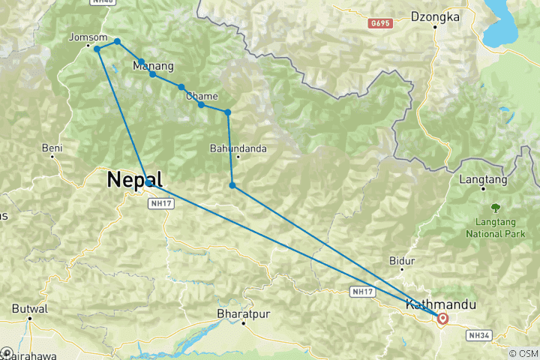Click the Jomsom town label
coord(82,37)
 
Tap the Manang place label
coord(153,67)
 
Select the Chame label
coord(202,96)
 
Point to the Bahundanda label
coord(238,148)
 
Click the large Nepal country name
coord(136,180)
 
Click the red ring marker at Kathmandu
coord(442,319)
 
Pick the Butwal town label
coord(30,308)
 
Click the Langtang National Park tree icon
coord(495,207)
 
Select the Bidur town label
coord(402,261)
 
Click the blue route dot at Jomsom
coord(97,49)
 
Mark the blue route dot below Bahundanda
coord(232,185)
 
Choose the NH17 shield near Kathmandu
coord(362,291)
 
